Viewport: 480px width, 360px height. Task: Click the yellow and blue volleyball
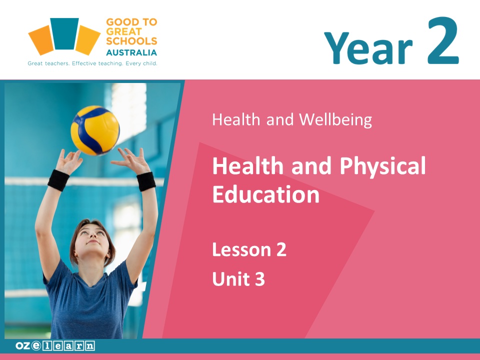(x=95, y=130)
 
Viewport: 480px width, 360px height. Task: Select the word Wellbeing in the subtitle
(x=335, y=119)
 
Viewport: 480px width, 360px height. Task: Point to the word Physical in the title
(x=382, y=165)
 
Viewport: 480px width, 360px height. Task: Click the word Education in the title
(x=265, y=194)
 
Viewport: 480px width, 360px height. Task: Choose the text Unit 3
(x=238, y=278)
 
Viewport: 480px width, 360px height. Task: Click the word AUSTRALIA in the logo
(x=131, y=52)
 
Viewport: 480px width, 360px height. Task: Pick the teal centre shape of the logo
(x=64, y=33)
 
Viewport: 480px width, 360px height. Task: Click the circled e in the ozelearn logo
(x=36, y=345)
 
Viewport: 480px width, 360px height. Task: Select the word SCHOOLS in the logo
(x=131, y=41)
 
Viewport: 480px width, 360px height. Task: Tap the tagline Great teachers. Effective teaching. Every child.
(x=92, y=63)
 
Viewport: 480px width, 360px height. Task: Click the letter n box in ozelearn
(x=89, y=345)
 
